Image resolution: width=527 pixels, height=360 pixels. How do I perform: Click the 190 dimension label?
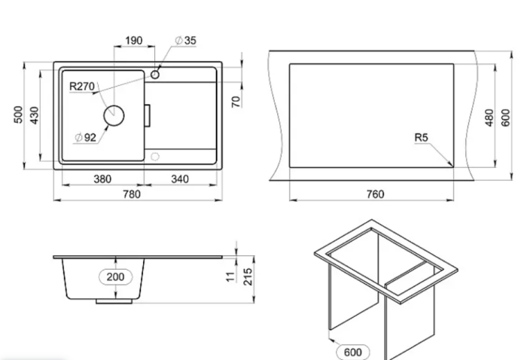(x=134, y=41)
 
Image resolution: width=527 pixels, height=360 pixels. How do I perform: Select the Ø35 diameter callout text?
(x=185, y=41)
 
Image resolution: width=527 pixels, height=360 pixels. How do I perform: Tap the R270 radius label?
(x=82, y=87)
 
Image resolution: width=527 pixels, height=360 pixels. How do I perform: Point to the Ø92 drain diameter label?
(x=85, y=138)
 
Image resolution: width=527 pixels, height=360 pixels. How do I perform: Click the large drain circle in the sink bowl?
(x=114, y=115)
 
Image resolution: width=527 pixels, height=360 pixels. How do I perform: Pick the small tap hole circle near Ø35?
(x=155, y=75)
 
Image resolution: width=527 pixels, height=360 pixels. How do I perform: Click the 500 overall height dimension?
(x=19, y=114)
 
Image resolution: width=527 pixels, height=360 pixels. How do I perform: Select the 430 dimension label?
(x=35, y=115)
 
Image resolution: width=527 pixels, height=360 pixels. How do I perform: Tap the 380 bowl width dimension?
(x=102, y=178)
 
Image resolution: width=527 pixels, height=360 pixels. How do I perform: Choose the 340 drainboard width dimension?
(x=180, y=178)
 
